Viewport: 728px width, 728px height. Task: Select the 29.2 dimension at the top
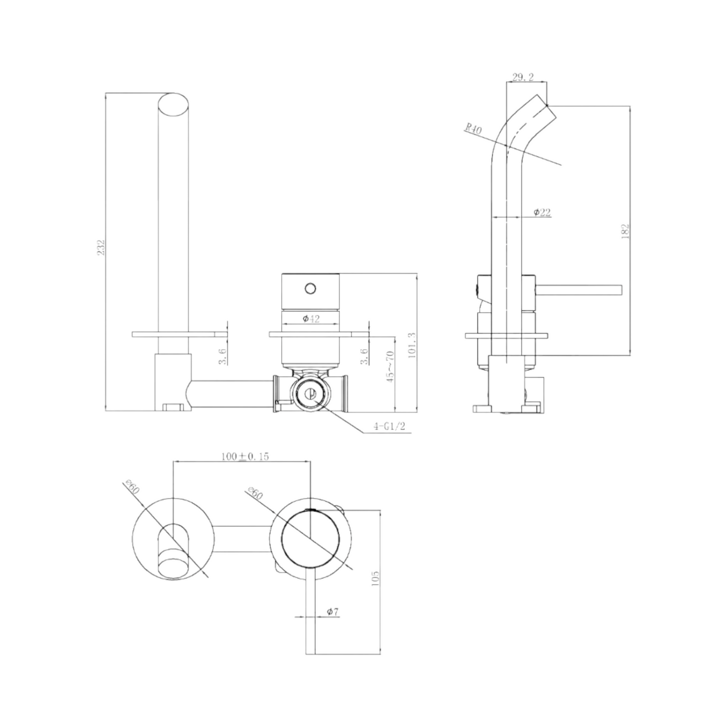coord(523,78)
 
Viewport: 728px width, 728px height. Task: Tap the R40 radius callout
coord(473,129)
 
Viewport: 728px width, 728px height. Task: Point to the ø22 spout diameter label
coord(542,213)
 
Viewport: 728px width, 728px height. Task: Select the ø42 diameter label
coord(311,318)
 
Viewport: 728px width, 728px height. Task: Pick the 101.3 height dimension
coord(412,345)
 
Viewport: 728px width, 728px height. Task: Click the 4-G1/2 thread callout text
coord(389,427)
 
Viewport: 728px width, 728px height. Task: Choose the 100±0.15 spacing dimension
coord(245,456)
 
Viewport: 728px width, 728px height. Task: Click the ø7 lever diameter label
coord(333,612)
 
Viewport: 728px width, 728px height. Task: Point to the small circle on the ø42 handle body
coord(310,289)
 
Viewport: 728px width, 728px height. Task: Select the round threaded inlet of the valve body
coord(310,393)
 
